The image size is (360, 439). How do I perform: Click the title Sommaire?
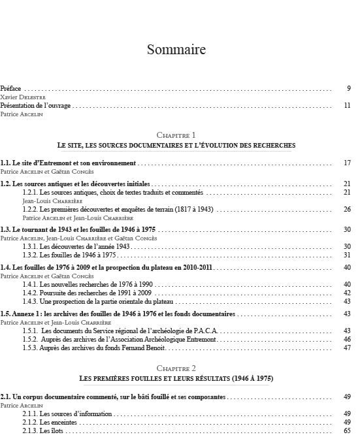[176, 50]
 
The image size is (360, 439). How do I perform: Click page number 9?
[350, 88]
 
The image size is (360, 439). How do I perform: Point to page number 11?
[348, 105]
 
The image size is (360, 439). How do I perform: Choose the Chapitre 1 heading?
[176, 134]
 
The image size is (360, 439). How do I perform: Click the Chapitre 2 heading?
[176, 369]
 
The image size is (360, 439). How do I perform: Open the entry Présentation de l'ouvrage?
[35, 105]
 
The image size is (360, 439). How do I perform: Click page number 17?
[348, 163]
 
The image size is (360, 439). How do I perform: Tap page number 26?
[348, 209]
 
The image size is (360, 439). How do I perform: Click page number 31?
[348, 255]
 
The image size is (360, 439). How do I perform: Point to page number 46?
[348, 340]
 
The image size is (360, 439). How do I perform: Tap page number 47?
[348, 348]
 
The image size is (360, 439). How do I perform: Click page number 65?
[348, 431]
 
